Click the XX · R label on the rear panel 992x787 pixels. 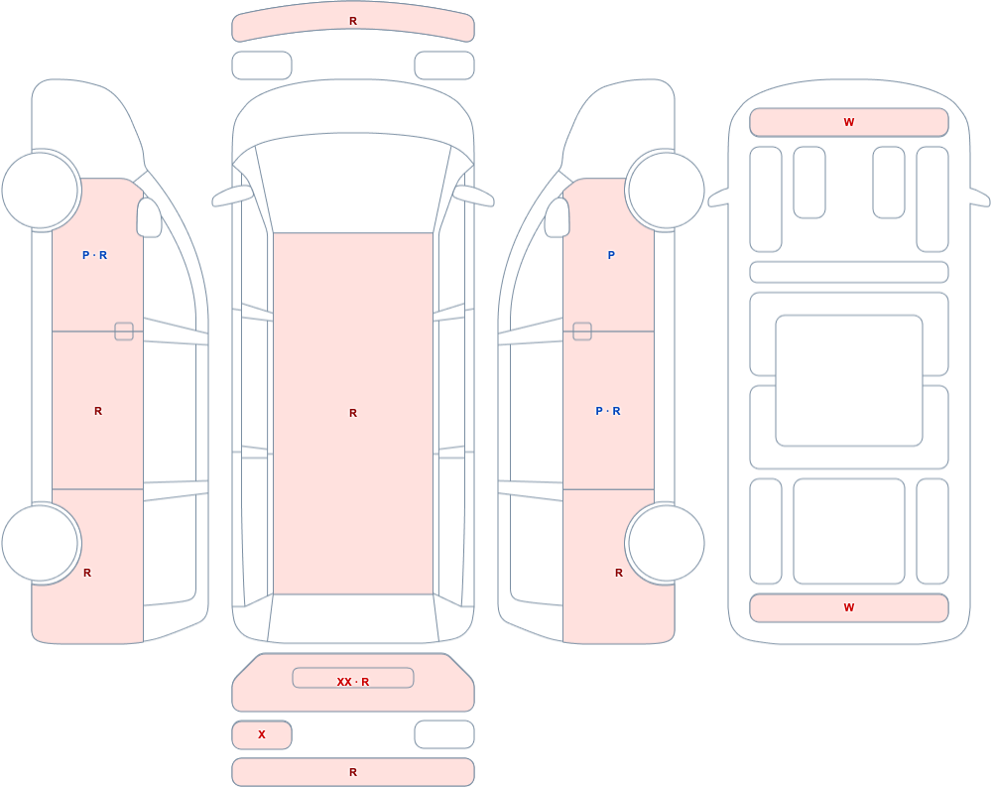click(x=353, y=682)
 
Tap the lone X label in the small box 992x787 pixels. click(x=261, y=734)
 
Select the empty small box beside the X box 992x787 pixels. click(x=444, y=734)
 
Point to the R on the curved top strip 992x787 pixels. click(x=353, y=21)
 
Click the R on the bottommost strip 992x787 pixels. click(x=353, y=772)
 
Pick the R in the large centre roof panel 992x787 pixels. click(x=353, y=413)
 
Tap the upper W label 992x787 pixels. click(x=849, y=122)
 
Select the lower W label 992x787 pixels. click(x=849, y=607)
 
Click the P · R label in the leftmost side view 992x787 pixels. click(x=95, y=255)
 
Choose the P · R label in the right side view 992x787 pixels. click(x=608, y=411)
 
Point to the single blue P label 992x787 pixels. click(x=611, y=255)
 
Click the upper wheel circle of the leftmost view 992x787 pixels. click(x=40, y=190)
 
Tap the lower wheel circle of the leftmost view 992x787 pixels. click(x=40, y=543)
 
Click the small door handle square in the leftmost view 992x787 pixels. click(x=124, y=331)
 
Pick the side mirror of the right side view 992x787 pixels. click(x=558, y=217)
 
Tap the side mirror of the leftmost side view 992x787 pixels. click(x=150, y=217)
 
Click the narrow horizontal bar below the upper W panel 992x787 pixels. click(x=849, y=272)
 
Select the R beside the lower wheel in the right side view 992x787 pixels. click(x=619, y=573)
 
